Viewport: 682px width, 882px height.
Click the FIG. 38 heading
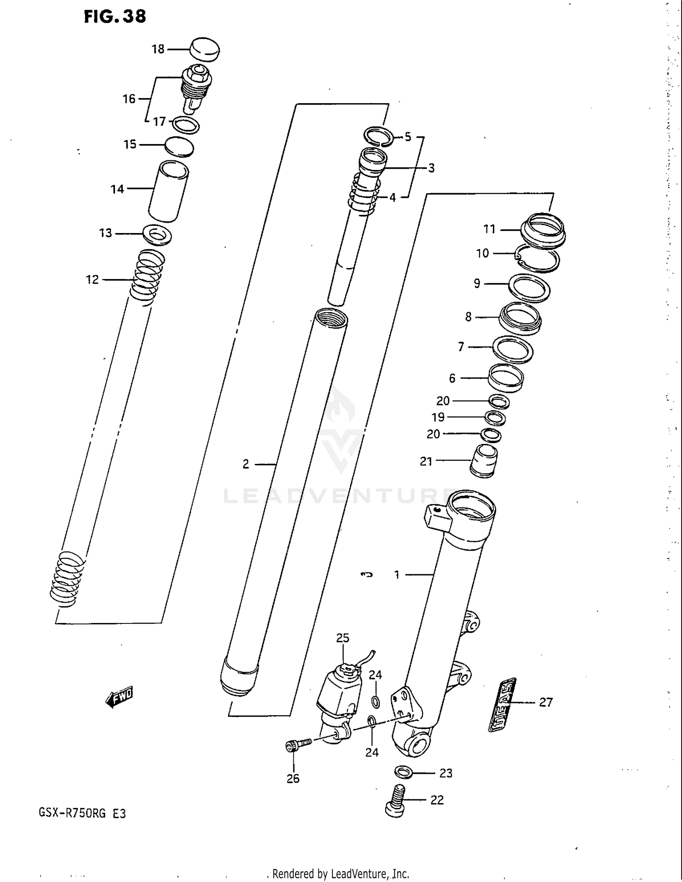pos(115,17)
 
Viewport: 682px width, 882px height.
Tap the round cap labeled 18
pos(204,49)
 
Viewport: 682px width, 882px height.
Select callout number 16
pos(129,99)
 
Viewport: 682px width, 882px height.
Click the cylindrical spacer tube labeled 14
pos(168,192)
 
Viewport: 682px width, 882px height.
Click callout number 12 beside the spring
pos(92,279)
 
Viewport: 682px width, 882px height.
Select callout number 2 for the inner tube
pos(246,464)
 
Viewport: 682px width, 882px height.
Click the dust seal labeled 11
pos(543,230)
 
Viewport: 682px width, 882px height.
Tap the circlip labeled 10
pos(537,258)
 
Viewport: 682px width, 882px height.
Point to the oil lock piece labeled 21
pos(483,461)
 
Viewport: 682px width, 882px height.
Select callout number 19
pos(438,417)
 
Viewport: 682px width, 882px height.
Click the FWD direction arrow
pos(119,696)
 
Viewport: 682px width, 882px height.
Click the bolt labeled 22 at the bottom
pos(396,801)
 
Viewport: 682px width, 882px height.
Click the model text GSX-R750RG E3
pos(82,813)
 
